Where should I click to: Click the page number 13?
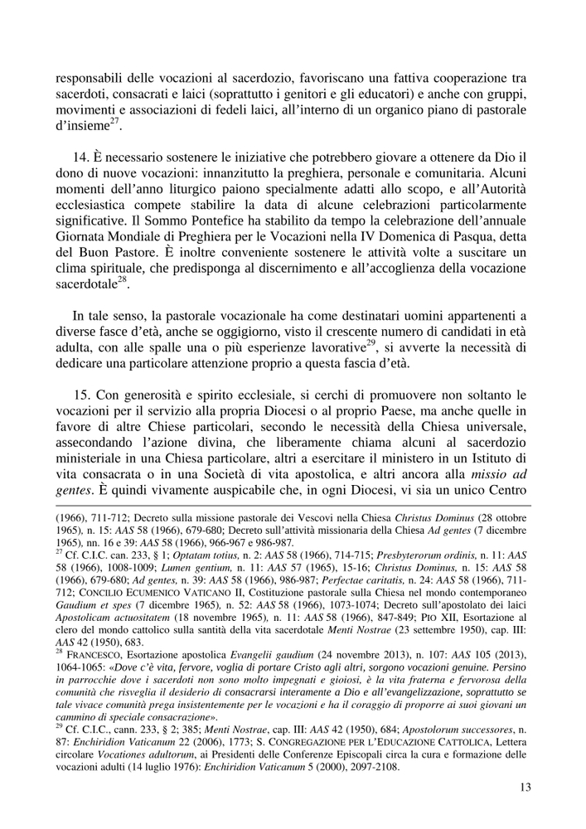(524, 788)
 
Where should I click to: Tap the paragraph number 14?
(81, 158)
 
